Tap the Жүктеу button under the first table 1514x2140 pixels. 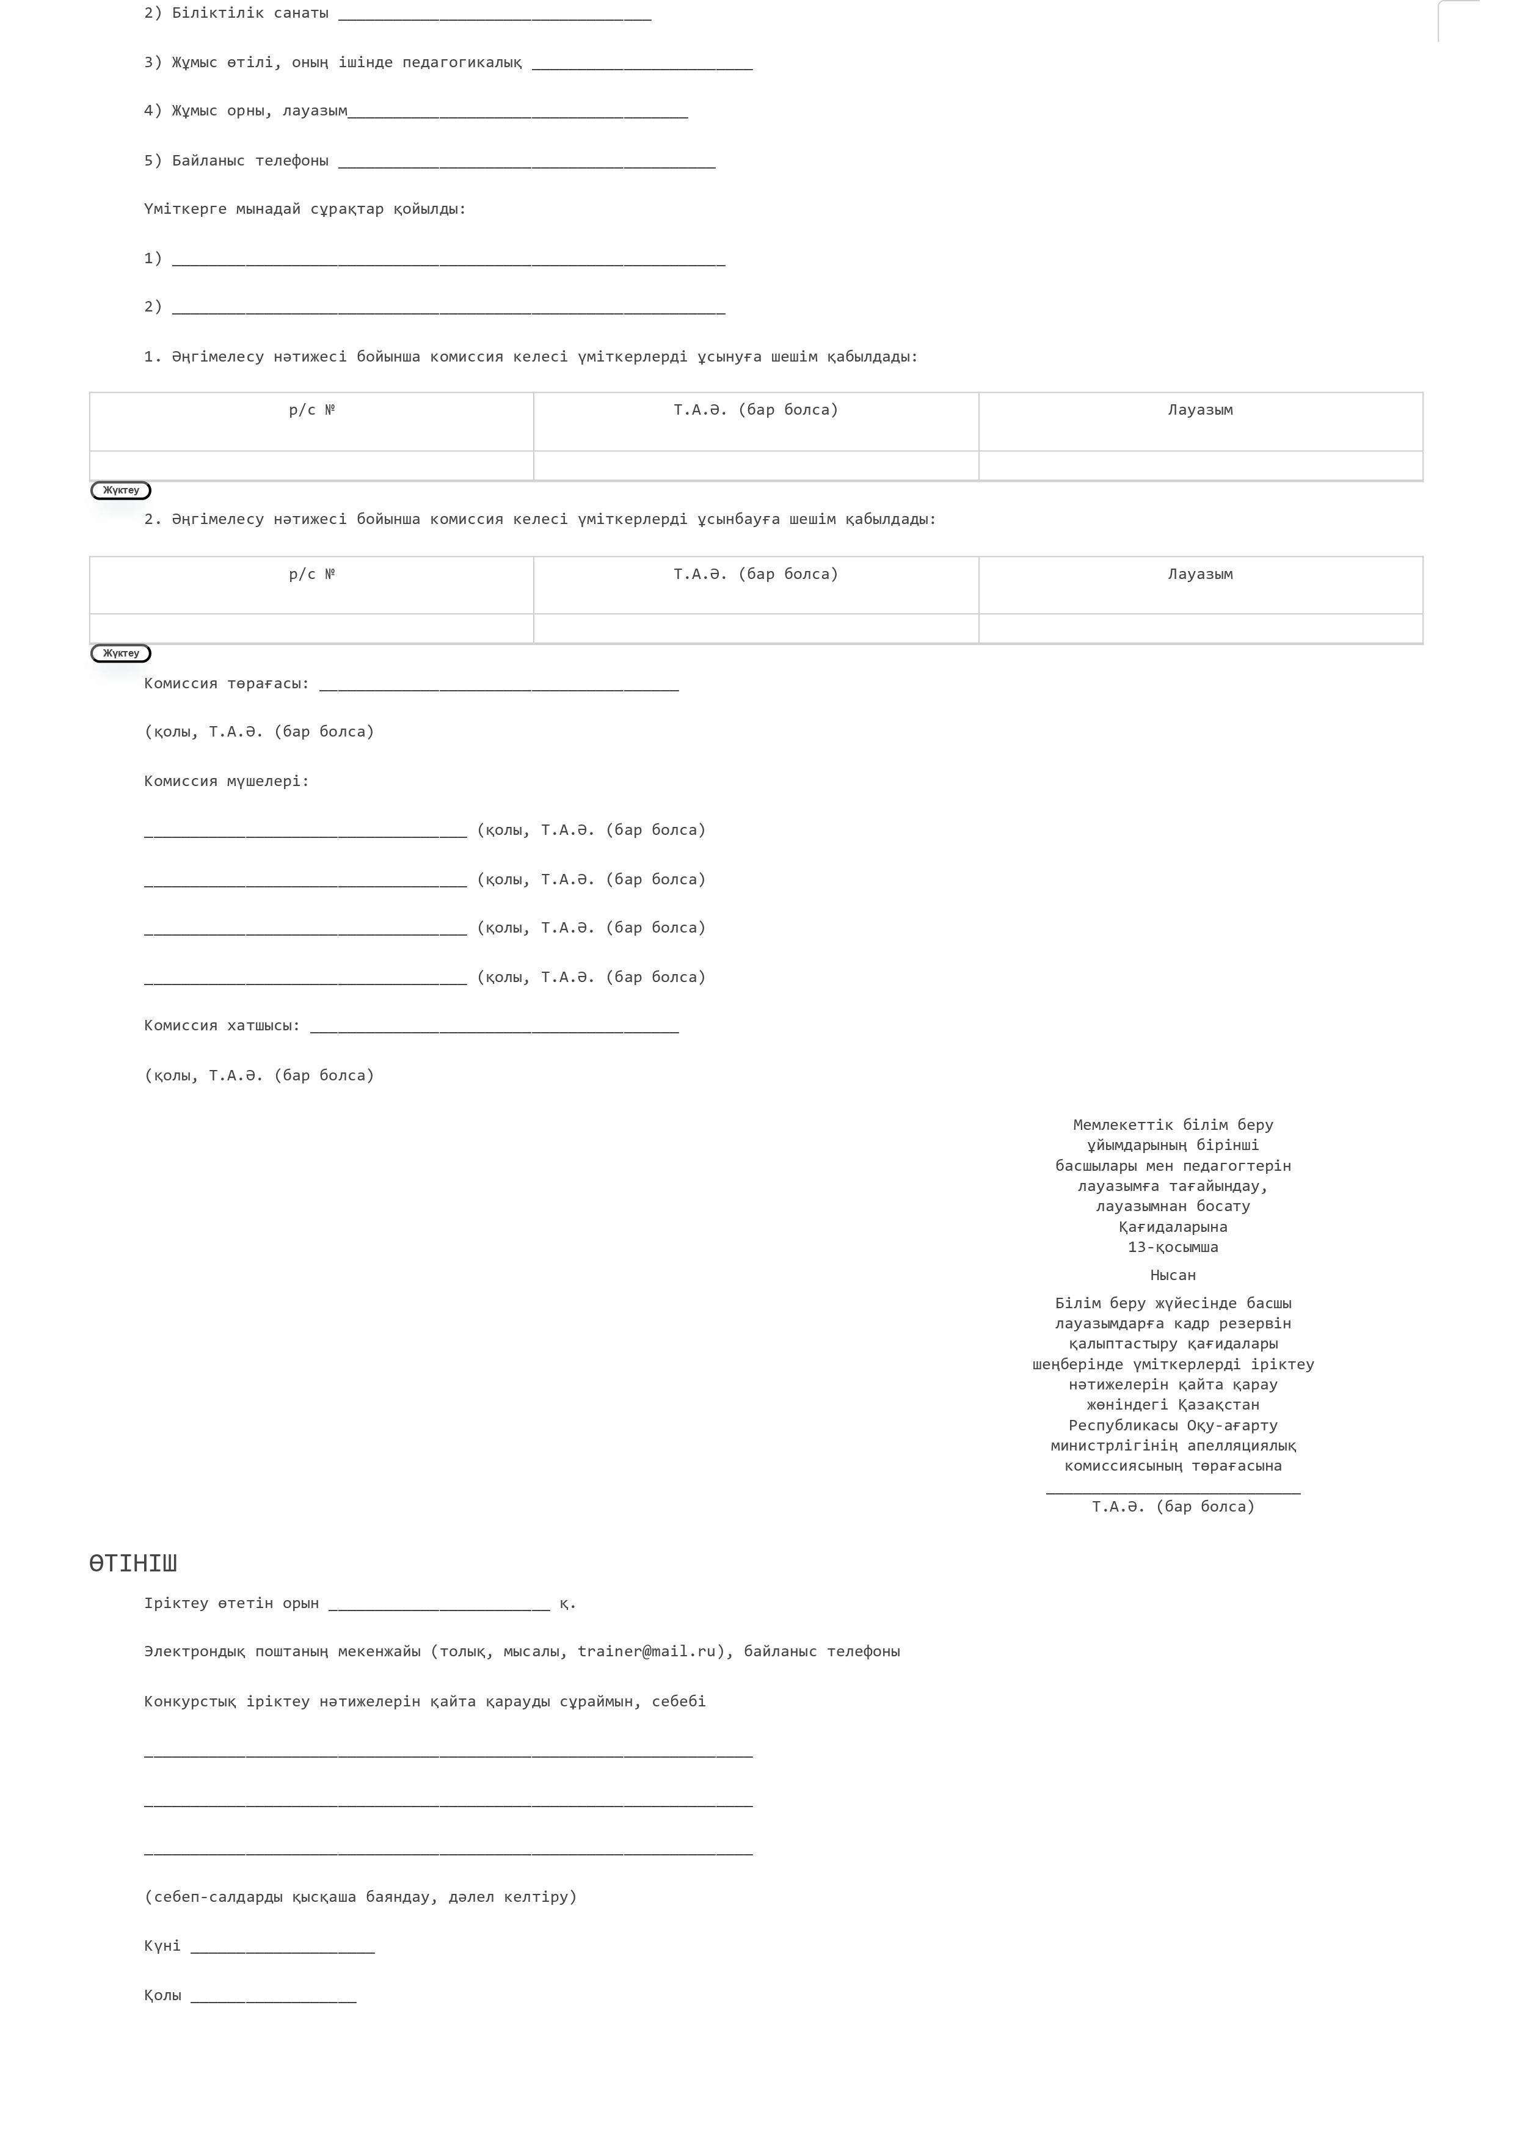click(x=120, y=490)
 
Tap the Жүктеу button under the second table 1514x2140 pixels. click(x=120, y=653)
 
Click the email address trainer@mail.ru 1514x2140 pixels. click(x=646, y=1651)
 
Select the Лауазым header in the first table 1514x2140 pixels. click(x=1200, y=410)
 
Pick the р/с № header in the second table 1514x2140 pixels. click(x=311, y=574)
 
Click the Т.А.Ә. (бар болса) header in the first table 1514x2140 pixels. click(x=755, y=410)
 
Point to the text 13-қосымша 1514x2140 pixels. click(x=1173, y=1247)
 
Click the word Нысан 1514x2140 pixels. click(x=1173, y=1275)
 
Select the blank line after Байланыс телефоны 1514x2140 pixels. click(x=526, y=163)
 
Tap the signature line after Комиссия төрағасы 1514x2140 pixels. click(x=499, y=686)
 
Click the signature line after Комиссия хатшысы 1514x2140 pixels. click(x=494, y=1028)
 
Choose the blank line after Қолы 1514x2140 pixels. click(x=272, y=1998)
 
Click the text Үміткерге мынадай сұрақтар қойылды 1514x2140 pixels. click(x=304, y=209)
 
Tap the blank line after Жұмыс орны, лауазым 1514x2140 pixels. click(x=517, y=114)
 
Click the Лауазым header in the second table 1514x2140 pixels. click(x=1200, y=574)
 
